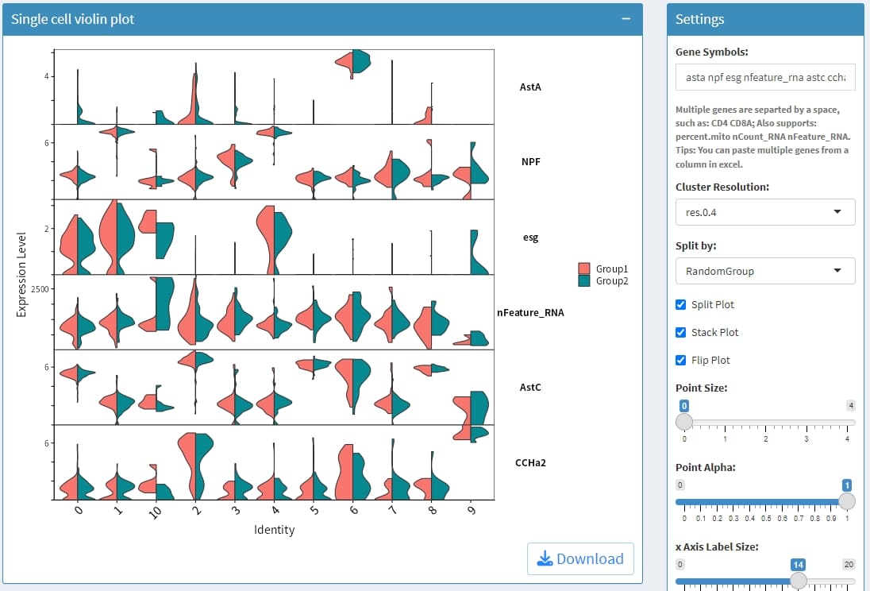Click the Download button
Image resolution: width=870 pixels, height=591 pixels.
(580, 558)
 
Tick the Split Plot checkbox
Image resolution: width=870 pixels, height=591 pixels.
(680, 305)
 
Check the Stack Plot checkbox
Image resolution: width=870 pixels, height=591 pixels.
(680, 333)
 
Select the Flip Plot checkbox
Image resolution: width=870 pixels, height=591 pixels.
(680, 361)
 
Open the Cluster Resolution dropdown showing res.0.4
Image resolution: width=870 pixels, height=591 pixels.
(765, 212)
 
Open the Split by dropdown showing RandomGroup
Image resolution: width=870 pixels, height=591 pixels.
(765, 271)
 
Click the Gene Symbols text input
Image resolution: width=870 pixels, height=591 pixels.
(765, 78)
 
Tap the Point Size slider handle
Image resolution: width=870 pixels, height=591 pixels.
(684, 422)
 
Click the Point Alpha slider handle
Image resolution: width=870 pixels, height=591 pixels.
(847, 501)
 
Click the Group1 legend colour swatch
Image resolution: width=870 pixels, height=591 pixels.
(585, 268)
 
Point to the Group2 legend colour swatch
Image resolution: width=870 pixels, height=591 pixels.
(585, 281)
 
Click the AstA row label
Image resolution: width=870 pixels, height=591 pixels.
(530, 87)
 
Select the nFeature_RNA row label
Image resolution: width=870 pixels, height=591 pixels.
(530, 313)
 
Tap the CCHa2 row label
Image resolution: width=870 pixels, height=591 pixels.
(530, 462)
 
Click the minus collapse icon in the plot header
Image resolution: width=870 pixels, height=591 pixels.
(626, 19)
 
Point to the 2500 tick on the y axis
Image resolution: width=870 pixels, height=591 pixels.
(40, 288)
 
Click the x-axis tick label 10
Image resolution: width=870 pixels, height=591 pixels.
(155, 513)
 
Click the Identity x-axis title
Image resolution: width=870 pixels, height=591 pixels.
(274, 530)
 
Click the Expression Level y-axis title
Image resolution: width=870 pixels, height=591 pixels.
(22, 275)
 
